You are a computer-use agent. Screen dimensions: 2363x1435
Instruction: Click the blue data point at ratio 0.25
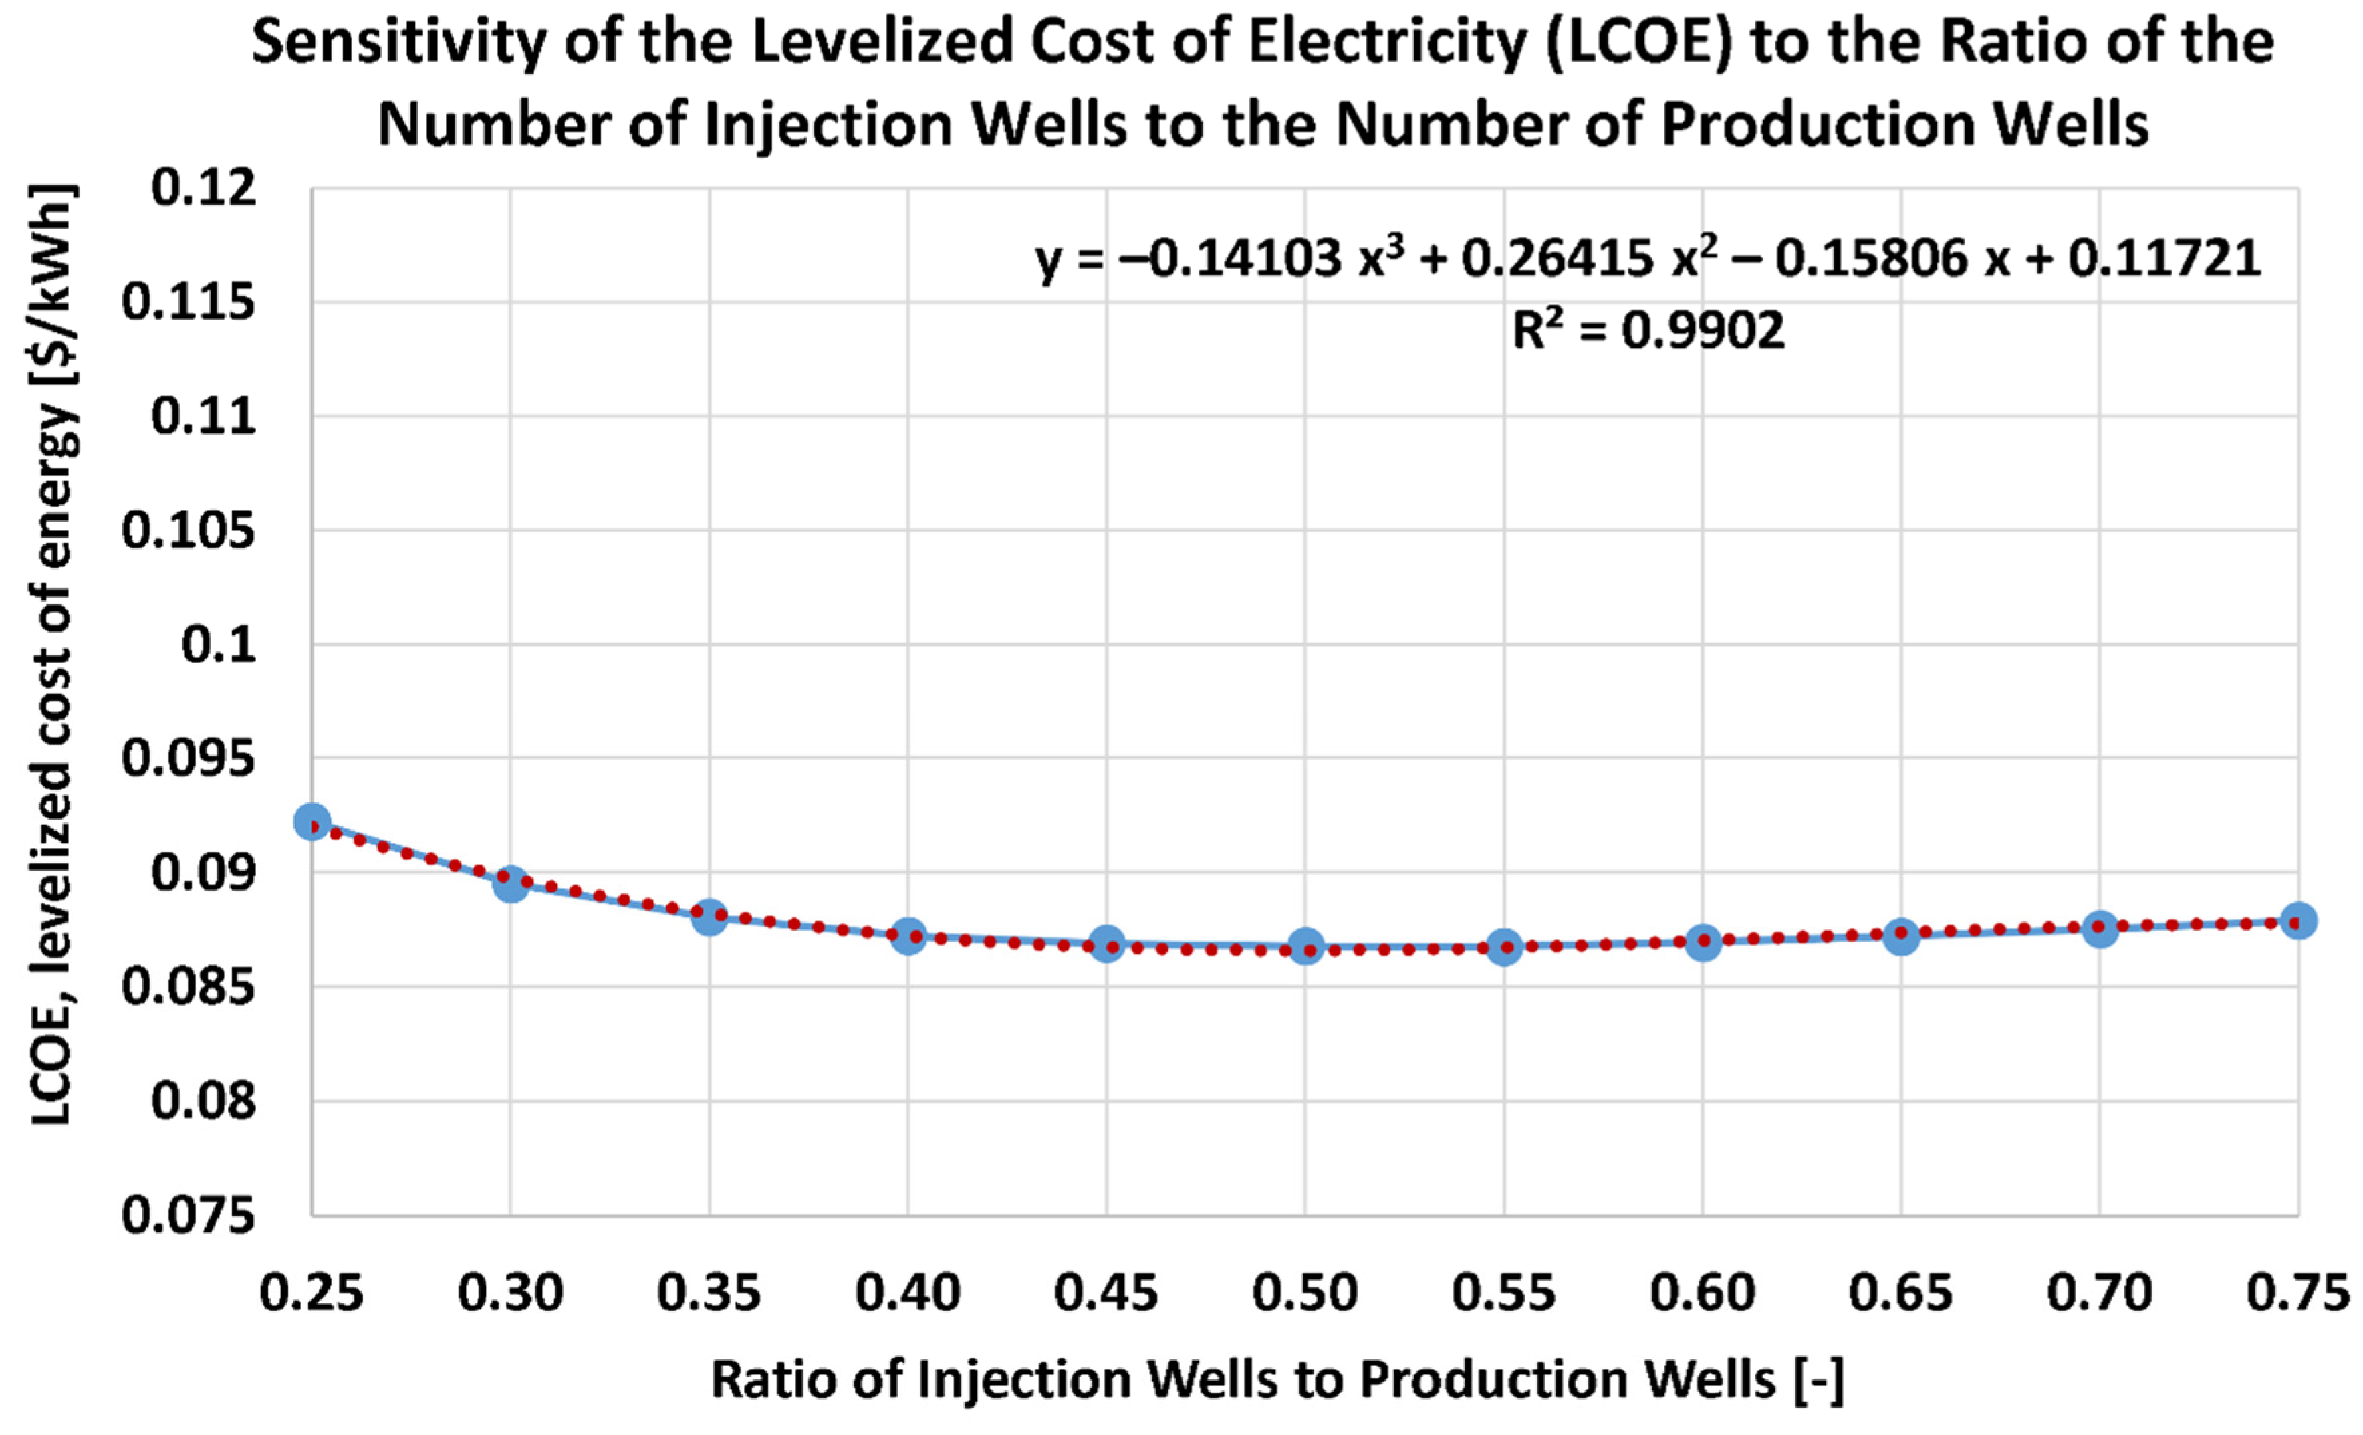click(313, 821)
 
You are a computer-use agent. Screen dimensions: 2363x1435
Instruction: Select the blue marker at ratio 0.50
click(1305, 947)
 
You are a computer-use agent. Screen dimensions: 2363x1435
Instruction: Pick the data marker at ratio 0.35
click(710, 917)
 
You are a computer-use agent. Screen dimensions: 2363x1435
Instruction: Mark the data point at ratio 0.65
click(1900, 935)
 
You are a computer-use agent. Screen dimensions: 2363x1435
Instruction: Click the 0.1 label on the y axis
click(220, 645)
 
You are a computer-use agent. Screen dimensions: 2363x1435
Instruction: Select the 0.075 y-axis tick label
click(190, 1216)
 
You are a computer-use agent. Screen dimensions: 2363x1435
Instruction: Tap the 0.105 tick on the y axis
click(190, 530)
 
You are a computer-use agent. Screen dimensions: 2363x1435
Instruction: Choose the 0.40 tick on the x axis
click(908, 1293)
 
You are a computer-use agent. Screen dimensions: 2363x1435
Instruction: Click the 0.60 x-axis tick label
click(1703, 1293)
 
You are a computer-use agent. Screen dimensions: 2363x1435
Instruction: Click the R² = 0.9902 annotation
click(1648, 330)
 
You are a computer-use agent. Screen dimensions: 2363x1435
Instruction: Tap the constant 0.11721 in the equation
click(2164, 258)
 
